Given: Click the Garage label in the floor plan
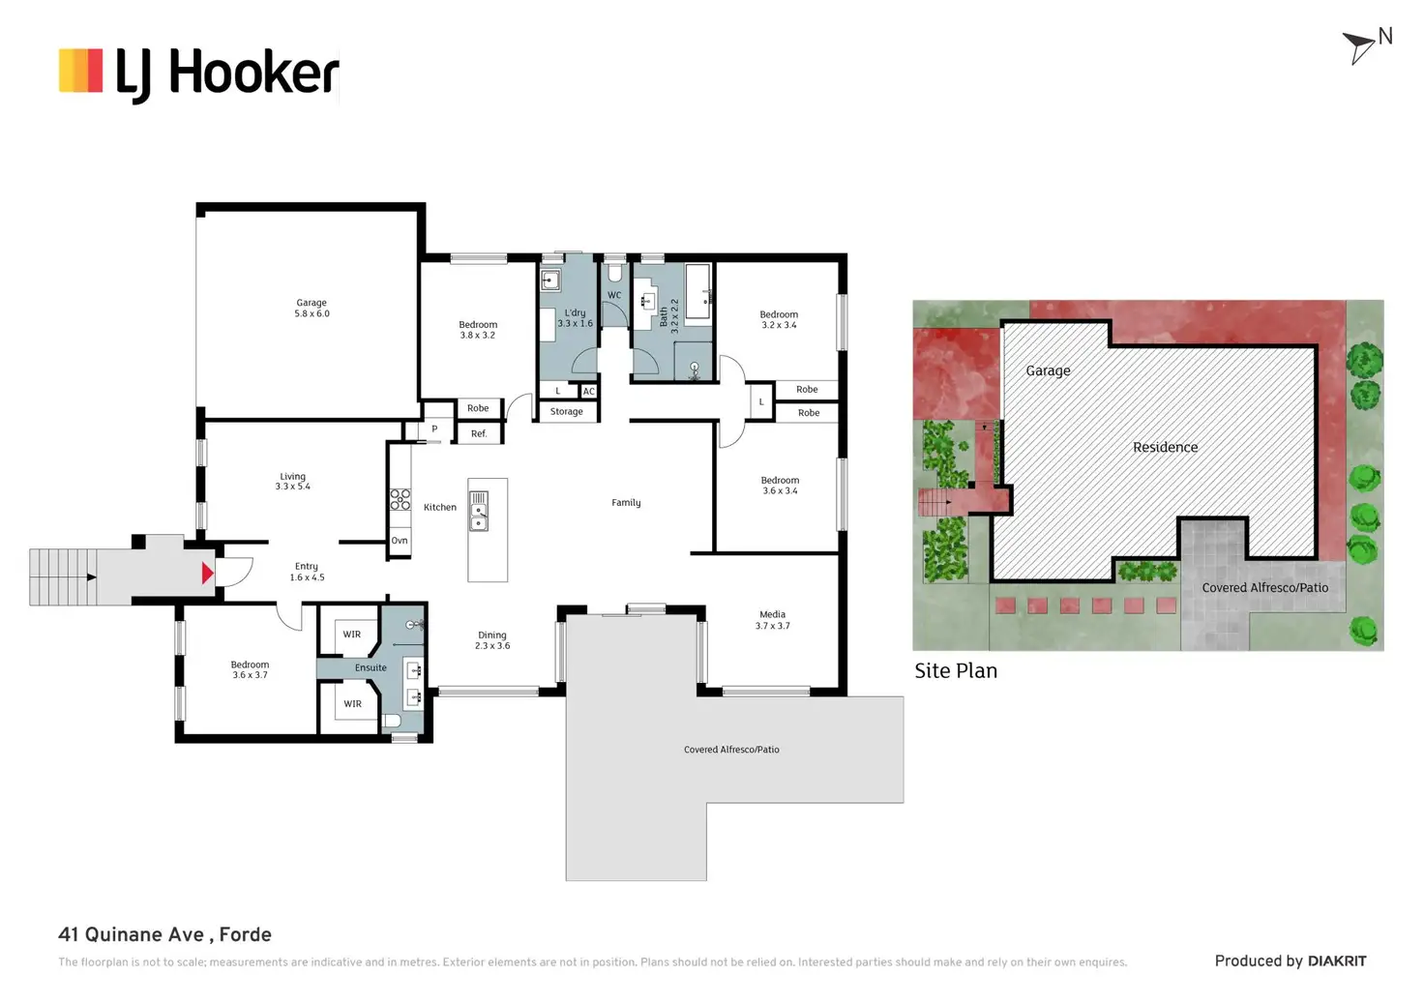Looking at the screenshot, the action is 311,303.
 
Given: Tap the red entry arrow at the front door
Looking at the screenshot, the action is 207,574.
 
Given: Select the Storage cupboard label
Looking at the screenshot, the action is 567,412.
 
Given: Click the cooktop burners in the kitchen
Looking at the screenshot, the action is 400,499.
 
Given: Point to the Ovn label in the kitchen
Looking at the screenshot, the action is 400,541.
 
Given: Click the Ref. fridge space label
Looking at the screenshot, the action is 479,433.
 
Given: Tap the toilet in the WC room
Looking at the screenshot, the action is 614,272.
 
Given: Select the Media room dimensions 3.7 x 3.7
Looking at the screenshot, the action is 772,626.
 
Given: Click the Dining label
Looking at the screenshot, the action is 492,636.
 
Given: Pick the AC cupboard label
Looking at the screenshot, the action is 589,392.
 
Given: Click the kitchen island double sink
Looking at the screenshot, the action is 479,511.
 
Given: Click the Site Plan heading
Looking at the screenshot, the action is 956,671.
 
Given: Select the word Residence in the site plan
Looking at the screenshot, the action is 1166,448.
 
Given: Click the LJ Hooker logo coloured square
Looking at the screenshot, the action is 80,71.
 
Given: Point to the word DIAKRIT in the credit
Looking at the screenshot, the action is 1337,961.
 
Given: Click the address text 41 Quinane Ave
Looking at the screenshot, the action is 131,934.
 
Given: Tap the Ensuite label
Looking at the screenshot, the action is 371,668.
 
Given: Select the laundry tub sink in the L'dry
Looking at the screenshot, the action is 550,281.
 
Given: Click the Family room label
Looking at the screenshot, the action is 626,503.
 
